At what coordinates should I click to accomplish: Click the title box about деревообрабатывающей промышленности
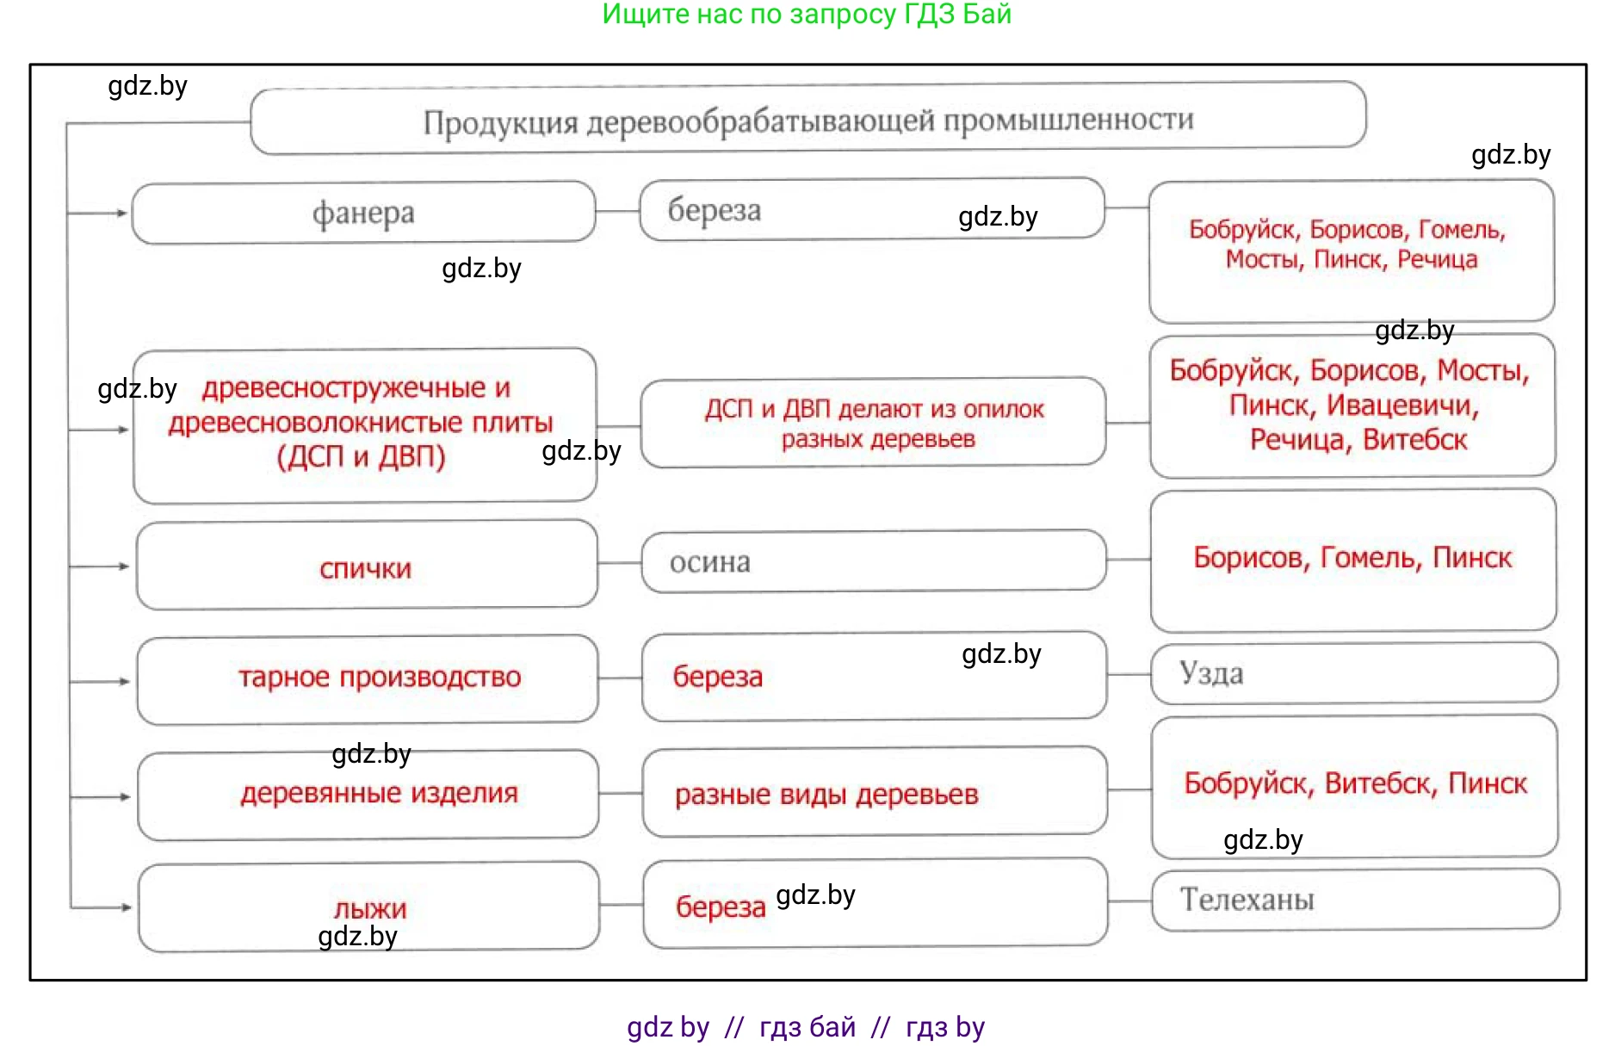tap(807, 119)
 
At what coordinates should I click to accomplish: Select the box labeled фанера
tap(363, 213)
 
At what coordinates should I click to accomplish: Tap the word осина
tap(709, 562)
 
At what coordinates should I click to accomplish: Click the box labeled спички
tap(366, 567)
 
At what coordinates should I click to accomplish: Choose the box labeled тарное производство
tap(379, 678)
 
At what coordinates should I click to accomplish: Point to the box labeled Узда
tap(1353, 672)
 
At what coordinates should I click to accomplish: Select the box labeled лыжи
tap(369, 907)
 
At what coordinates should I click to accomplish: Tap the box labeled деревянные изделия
tap(379, 793)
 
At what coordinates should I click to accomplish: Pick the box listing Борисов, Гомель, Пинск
tap(1352, 559)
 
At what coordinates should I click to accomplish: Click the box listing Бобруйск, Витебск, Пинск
tap(1354, 783)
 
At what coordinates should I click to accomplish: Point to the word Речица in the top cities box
tap(1437, 259)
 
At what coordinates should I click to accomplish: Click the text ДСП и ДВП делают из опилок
tap(874, 410)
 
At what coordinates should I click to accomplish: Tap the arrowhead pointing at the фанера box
tap(123, 213)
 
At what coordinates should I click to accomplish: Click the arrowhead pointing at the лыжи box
tap(126, 907)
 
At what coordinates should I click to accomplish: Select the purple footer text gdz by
tap(667, 1027)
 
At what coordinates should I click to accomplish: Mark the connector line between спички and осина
tap(619, 563)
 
